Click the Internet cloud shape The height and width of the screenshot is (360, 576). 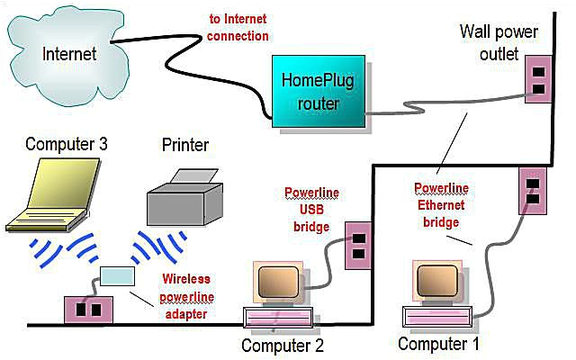click(72, 52)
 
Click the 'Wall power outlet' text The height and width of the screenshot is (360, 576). click(499, 42)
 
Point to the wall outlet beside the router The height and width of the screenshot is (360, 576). click(535, 79)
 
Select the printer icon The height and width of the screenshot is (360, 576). click(184, 194)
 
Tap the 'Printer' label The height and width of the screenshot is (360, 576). click(185, 144)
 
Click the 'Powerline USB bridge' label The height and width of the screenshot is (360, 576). click(311, 206)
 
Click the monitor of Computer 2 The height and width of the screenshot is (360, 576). click(278, 285)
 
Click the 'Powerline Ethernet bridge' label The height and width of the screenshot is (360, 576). click(438, 205)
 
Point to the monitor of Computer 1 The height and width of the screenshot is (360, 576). click(438, 281)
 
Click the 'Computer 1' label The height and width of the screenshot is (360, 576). click(439, 344)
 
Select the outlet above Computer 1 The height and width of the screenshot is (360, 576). click(530, 192)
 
